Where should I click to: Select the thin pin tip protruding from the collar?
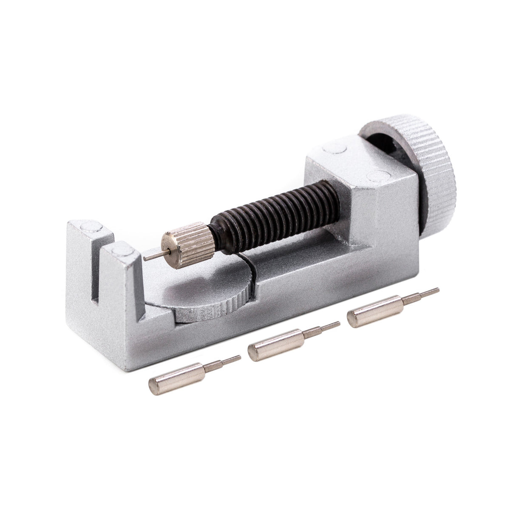[x=151, y=256]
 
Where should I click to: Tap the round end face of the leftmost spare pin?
[x=154, y=385]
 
